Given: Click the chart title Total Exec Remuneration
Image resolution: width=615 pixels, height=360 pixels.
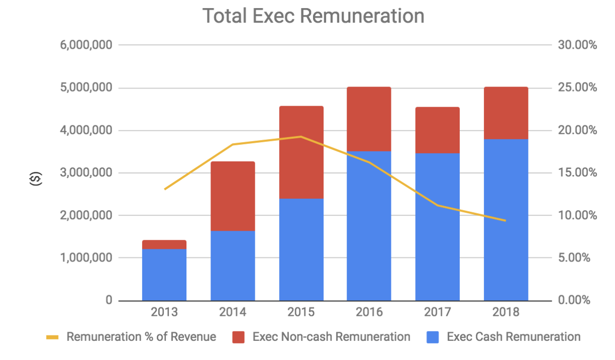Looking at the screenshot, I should pos(313,16).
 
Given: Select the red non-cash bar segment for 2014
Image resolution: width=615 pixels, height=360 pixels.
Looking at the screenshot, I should pos(233,196).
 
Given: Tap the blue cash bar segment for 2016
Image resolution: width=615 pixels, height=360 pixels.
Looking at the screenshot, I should pos(369,226).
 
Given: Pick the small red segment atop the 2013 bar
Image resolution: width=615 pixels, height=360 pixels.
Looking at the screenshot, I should pos(164,245).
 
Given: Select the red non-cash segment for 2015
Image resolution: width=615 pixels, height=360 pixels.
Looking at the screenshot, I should pos(301,152).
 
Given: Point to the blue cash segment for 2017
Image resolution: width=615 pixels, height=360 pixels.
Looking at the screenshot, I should pos(437,227).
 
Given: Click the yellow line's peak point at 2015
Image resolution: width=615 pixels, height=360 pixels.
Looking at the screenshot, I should pos(301,137).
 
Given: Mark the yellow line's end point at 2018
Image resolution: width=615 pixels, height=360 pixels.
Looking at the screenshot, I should pos(505,220).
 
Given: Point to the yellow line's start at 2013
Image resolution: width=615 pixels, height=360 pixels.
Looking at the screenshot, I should pos(165,189).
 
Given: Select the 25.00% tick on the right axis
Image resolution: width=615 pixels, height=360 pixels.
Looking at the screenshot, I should pos(577,88).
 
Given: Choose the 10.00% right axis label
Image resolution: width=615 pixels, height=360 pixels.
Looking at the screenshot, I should pos(577,216).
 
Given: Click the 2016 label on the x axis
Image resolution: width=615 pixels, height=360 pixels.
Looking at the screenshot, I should pos(369,312).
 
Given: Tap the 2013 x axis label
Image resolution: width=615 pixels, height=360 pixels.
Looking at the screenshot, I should pos(164,312).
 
